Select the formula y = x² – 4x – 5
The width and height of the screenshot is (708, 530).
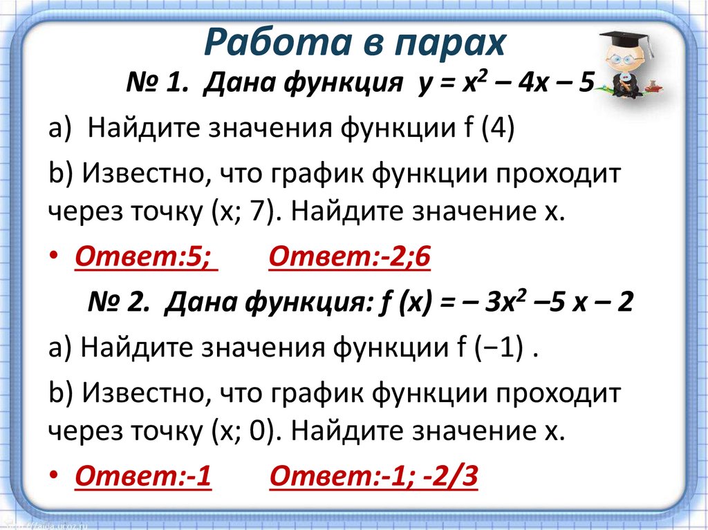(x=505, y=86)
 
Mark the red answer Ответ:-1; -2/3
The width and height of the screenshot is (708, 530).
(x=373, y=477)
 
